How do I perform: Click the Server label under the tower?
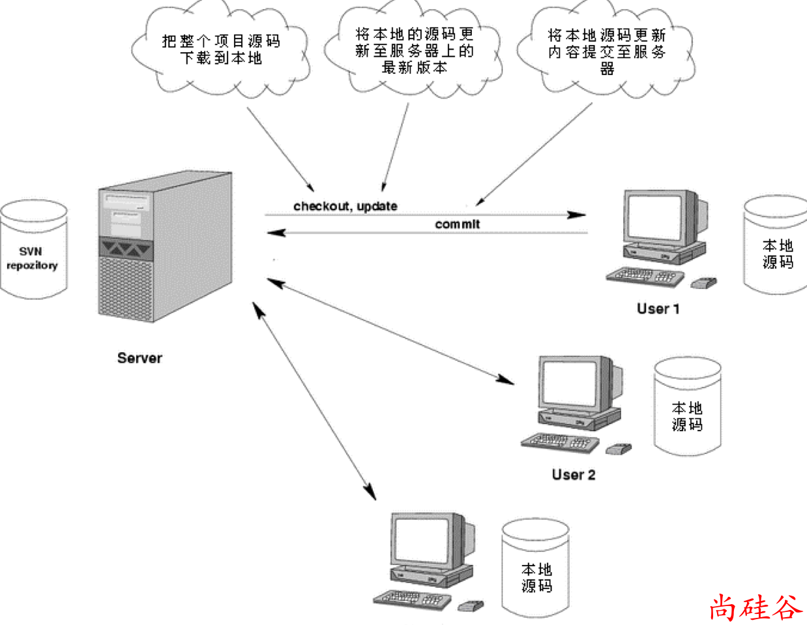pos(139,358)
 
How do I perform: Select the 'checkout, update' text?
pos(345,206)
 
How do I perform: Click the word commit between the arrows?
pos(457,224)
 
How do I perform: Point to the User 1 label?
pos(658,309)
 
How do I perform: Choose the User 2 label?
pos(573,474)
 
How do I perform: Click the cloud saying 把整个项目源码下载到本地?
pos(220,50)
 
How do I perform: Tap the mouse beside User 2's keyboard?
pos(618,449)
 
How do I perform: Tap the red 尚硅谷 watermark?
pos(754,607)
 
